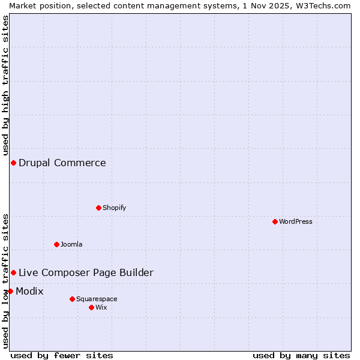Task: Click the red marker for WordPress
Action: coord(275,221)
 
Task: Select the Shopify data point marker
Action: coord(99,208)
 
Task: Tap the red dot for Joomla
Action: coord(57,244)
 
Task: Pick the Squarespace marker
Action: coord(73,299)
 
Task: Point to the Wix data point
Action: coord(92,307)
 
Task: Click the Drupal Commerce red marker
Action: coord(13,163)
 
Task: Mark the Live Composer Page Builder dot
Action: coord(13,272)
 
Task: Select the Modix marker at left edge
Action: coord(10,291)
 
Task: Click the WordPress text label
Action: coord(296,221)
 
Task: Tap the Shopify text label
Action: coord(115,208)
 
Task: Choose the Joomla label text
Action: coord(71,244)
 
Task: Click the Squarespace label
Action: coord(97,299)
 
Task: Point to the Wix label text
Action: coord(101,307)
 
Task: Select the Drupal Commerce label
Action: coord(62,163)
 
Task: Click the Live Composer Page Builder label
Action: coord(86,272)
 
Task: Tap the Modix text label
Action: coord(29,291)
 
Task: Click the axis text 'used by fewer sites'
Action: coord(62,355)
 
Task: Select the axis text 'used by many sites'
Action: coord(301,355)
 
